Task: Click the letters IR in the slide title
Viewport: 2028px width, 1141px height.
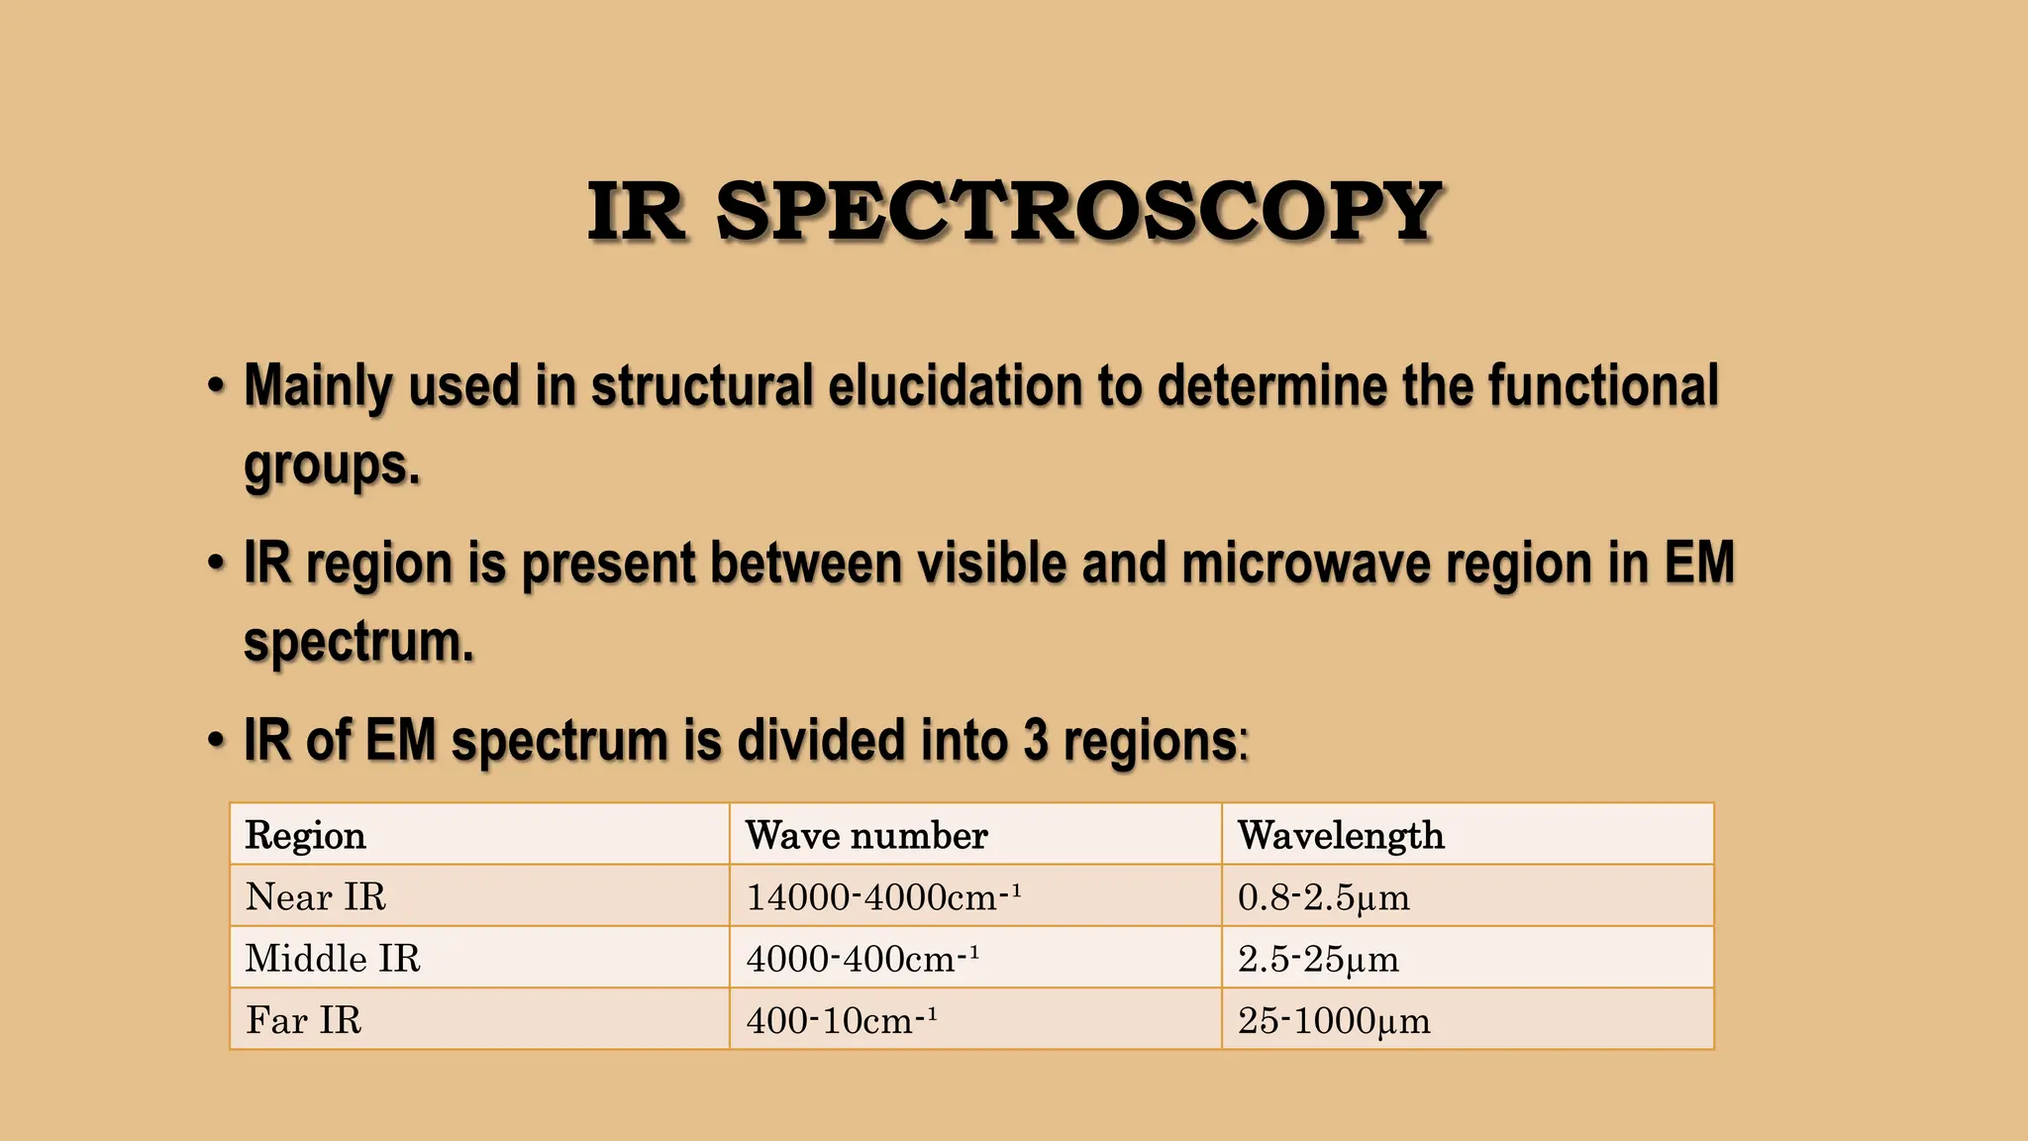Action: (636, 212)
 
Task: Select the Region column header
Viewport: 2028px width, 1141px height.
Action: (305, 835)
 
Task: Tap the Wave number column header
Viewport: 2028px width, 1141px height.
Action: (866, 835)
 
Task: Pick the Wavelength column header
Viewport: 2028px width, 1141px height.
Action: (1341, 835)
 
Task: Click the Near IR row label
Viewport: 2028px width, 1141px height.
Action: (315, 896)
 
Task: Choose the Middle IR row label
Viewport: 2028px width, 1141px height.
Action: (333, 958)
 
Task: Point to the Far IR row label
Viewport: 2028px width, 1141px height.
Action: (303, 1019)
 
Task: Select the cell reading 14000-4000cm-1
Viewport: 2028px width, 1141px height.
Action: (882, 896)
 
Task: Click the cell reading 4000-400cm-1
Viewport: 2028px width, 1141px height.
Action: (862, 958)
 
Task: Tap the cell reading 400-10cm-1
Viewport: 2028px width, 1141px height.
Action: (841, 1019)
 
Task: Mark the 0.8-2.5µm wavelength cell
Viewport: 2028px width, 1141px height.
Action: (1323, 896)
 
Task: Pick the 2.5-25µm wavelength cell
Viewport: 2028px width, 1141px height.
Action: (1318, 958)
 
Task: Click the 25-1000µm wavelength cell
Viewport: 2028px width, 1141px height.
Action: (1334, 1019)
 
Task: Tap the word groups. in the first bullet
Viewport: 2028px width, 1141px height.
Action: (332, 466)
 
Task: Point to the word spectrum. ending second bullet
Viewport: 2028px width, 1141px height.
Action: (358, 642)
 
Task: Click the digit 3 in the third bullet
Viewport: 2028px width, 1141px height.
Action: (1035, 740)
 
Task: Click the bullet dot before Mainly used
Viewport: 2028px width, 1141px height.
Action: (216, 385)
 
